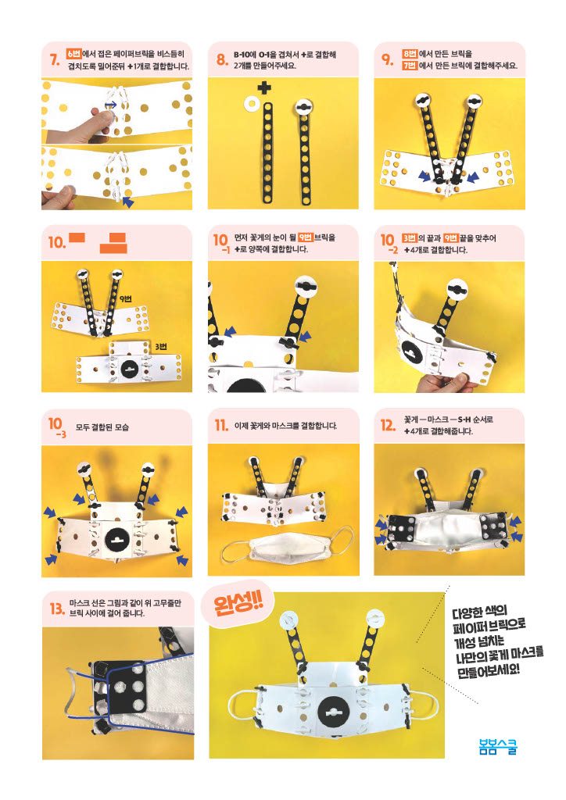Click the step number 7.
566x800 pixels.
pyautogui.click(x=55, y=60)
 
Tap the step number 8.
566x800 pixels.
pyautogui.click(x=221, y=59)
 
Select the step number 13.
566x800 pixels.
pyautogui.click(x=56, y=608)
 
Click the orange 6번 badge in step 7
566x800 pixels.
pyautogui.click(x=73, y=54)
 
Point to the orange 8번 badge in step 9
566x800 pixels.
pyautogui.click(x=410, y=54)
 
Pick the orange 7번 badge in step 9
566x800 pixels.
pyautogui.click(x=410, y=66)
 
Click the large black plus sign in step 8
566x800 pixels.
pyautogui.click(x=264, y=87)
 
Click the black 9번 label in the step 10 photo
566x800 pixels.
pyautogui.click(x=126, y=299)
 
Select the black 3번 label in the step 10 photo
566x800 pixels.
pyautogui.click(x=160, y=346)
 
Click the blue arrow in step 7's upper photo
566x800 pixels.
pyautogui.click(x=111, y=105)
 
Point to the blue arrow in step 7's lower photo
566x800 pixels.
pyautogui.click(x=129, y=202)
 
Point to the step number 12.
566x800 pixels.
pyautogui.click(x=388, y=425)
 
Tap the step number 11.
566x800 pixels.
pyautogui.click(x=221, y=425)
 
